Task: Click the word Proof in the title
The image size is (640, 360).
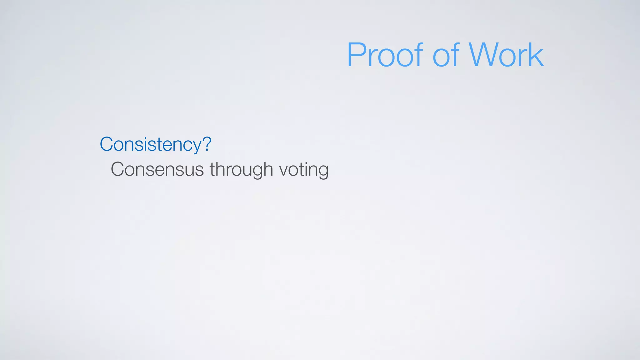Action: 385,55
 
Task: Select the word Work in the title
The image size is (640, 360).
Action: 506,55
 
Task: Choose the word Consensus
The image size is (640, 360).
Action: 157,169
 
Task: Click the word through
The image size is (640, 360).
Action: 241,169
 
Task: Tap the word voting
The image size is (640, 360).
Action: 303,170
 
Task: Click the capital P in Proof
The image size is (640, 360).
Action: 357,55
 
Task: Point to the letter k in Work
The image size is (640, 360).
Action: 536,55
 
